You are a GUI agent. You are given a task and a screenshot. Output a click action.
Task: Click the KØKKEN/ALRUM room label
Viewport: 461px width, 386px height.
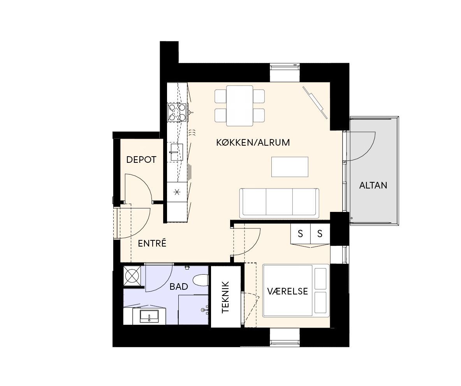(x=253, y=143)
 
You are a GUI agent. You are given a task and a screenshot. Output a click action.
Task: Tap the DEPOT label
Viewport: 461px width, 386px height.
(x=141, y=160)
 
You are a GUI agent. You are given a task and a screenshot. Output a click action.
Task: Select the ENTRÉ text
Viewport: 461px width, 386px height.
(x=152, y=243)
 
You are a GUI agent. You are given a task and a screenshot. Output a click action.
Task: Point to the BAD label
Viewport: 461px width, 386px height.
(x=179, y=287)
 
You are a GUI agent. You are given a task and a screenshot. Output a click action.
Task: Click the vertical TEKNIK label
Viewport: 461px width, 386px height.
(x=225, y=297)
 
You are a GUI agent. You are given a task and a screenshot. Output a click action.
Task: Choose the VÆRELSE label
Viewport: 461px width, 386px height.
(x=287, y=291)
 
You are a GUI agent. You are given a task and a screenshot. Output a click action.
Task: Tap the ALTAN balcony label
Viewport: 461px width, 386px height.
(x=373, y=185)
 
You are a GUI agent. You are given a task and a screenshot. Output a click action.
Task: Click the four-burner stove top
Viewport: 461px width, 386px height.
(x=177, y=113)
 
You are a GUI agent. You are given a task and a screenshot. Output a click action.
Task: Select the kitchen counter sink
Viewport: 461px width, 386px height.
(x=176, y=152)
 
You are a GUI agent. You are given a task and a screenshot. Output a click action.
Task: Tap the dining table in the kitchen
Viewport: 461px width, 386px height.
(x=239, y=106)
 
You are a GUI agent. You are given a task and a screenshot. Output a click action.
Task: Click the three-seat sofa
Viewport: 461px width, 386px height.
(x=279, y=203)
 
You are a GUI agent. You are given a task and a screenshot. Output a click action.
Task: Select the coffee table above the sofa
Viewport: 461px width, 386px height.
(x=290, y=167)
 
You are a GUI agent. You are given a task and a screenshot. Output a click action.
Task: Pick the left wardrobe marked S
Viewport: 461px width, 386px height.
(x=301, y=234)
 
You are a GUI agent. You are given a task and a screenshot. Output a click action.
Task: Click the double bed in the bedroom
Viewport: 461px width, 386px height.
(x=296, y=291)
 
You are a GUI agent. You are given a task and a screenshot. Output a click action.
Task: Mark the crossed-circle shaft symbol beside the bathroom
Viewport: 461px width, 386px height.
(x=132, y=276)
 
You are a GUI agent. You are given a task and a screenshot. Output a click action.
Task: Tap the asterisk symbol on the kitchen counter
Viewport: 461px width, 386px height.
(x=177, y=192)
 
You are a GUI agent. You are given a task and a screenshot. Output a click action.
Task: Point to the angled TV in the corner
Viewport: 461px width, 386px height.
(x=315, y=102)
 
